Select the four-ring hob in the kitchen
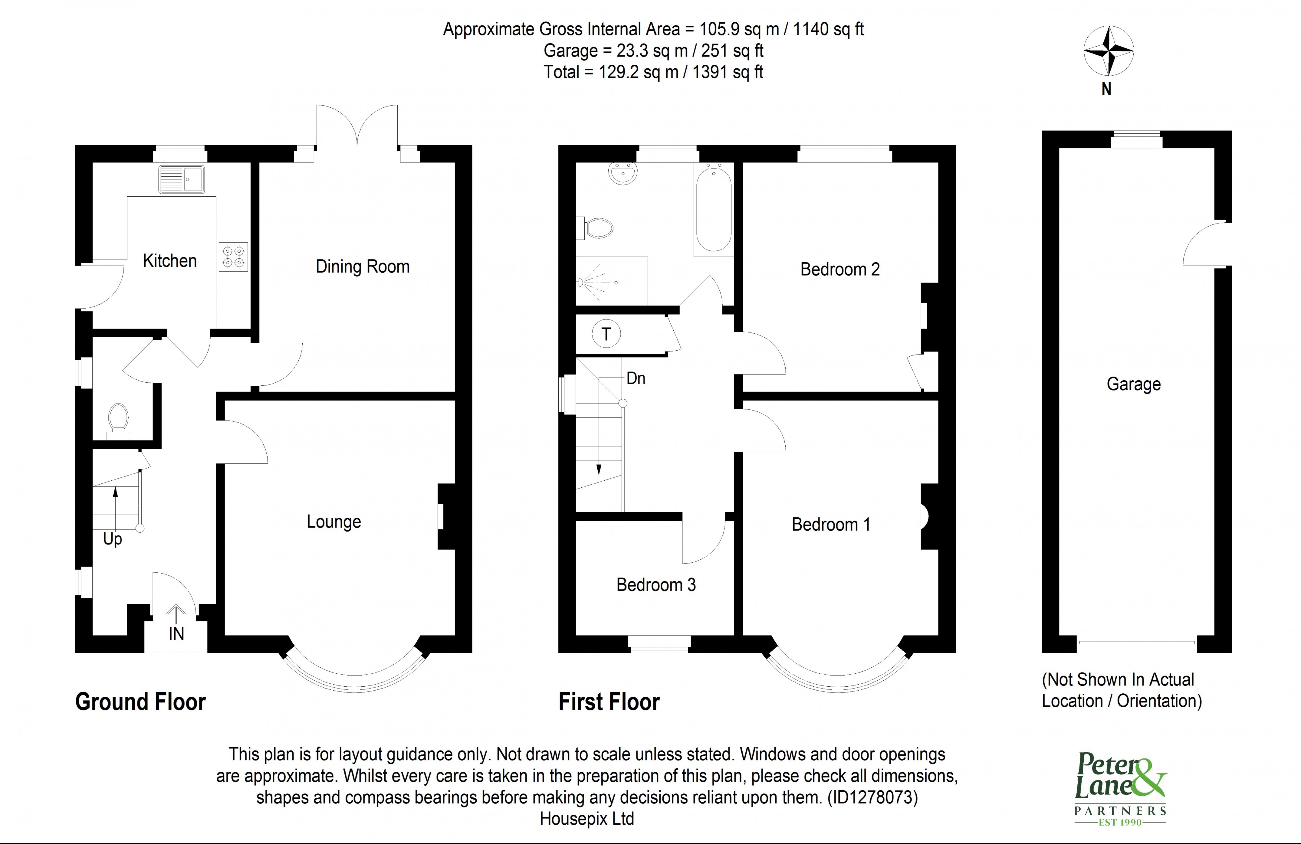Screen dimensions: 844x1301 tap(233, 257)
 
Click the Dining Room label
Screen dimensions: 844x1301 tap(363, 267)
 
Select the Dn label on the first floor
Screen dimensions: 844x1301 tap(636, 378)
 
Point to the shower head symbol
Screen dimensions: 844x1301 tap(581, 283)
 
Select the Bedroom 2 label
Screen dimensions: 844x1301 tap(839, 269)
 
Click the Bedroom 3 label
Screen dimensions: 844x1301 tap(656, 585)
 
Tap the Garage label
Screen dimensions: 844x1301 tap(1133, 384)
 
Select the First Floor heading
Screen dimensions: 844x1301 tap(609, 702)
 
